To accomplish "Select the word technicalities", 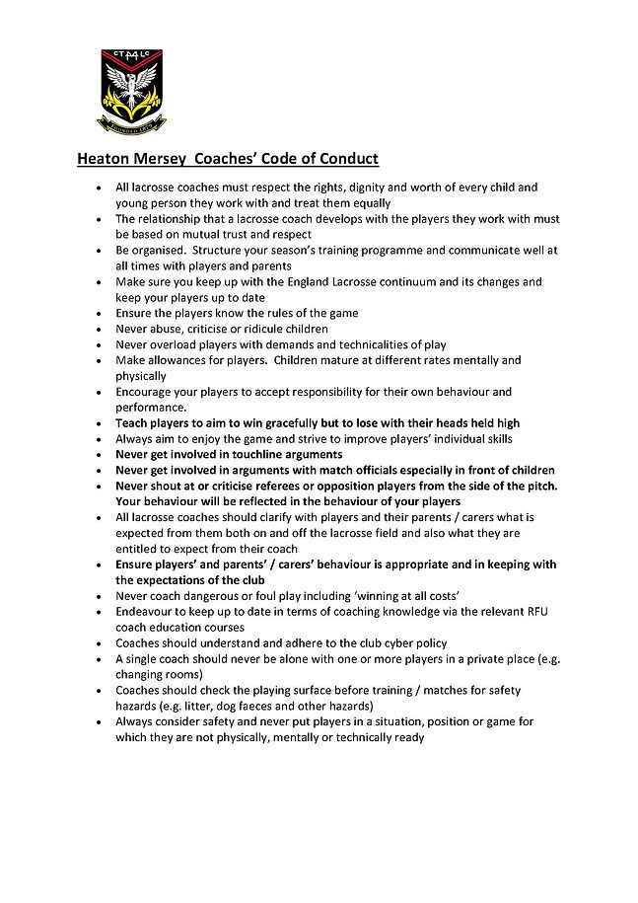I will [358, 345].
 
